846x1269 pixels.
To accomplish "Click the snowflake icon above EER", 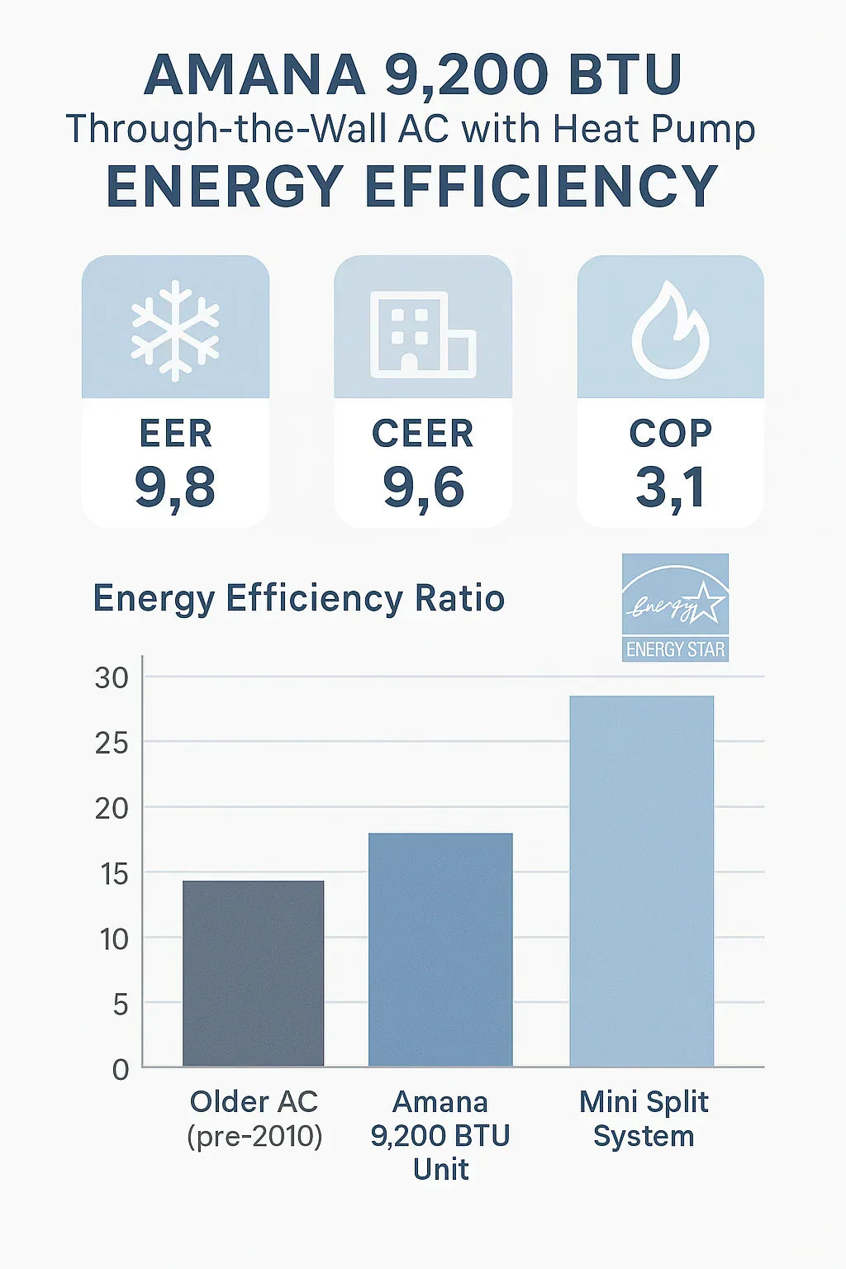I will click(175, 330).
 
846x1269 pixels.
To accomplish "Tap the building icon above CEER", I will click(423, 334).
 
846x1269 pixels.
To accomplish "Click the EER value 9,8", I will click(175, 487).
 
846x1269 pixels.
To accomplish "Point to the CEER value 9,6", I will click(423, 487).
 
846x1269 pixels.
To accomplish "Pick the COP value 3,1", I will click(670, 487).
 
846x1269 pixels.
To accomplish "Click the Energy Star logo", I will click(675, 607).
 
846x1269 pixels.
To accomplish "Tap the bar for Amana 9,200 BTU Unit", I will click(440, 949).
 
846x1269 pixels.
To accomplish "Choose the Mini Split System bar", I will click(642, 881).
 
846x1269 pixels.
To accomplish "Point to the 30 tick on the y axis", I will click(112, 678).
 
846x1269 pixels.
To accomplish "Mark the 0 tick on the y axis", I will click(121, 1070).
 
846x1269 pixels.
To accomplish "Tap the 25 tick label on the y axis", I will click(112, 744).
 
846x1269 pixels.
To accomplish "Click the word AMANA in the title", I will click(254, 75).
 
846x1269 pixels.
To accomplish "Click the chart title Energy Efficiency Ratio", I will click(298, 598).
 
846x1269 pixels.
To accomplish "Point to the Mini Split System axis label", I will click(644, 1119).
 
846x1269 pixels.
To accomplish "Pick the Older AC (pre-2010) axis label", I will click(254, 1119).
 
